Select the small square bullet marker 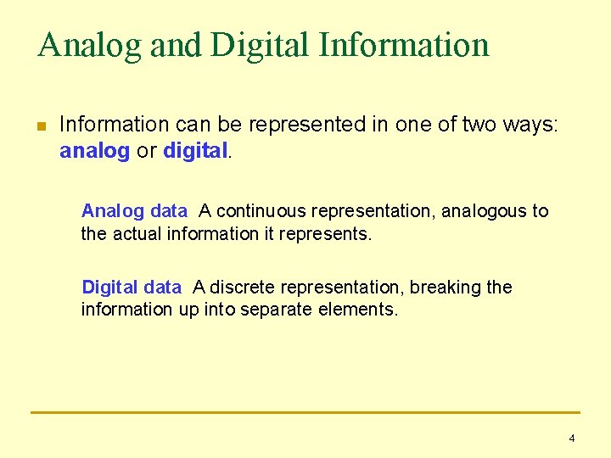click(x=40, y=127)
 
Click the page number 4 click(x=571, y=438)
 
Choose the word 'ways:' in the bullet click(x=528, y=125)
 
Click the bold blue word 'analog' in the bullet click(x=94, y=152)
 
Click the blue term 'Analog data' click(x=133, y=211)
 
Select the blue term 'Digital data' click(x=131, y=288)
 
